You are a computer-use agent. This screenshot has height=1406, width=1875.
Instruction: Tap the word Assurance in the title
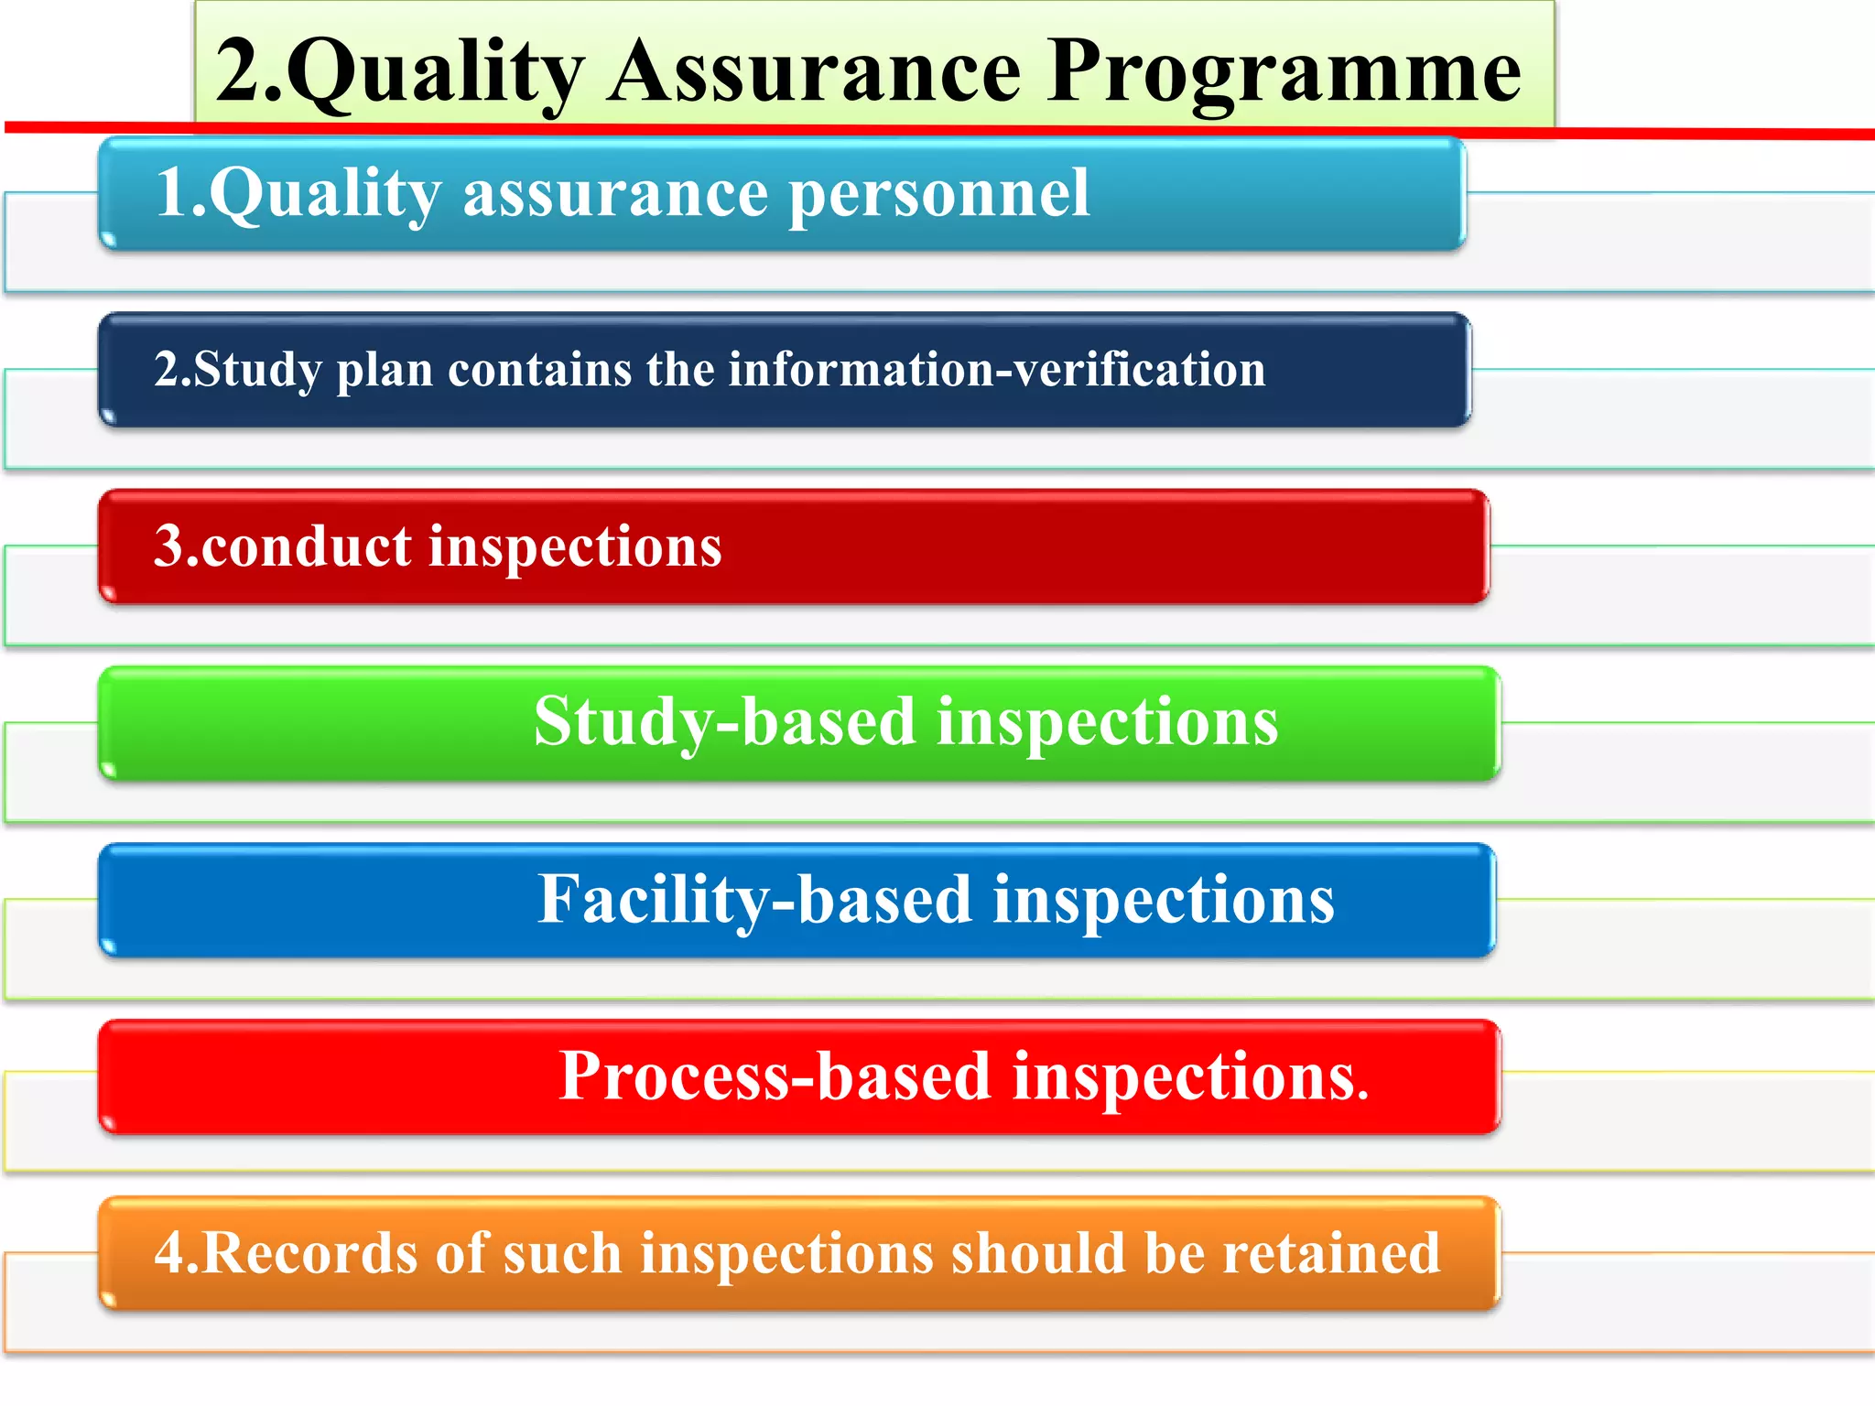coord(814,73)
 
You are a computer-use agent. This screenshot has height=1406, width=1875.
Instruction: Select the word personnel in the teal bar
coord(939,194)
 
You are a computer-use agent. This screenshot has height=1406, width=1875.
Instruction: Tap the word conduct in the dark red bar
coord(306,546)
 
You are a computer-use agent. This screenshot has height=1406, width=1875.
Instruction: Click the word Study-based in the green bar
coord(724,723)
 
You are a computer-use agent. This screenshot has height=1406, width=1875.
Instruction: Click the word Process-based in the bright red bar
coord(775,1076)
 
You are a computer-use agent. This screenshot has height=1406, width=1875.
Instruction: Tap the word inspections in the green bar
coord(1107,723)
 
